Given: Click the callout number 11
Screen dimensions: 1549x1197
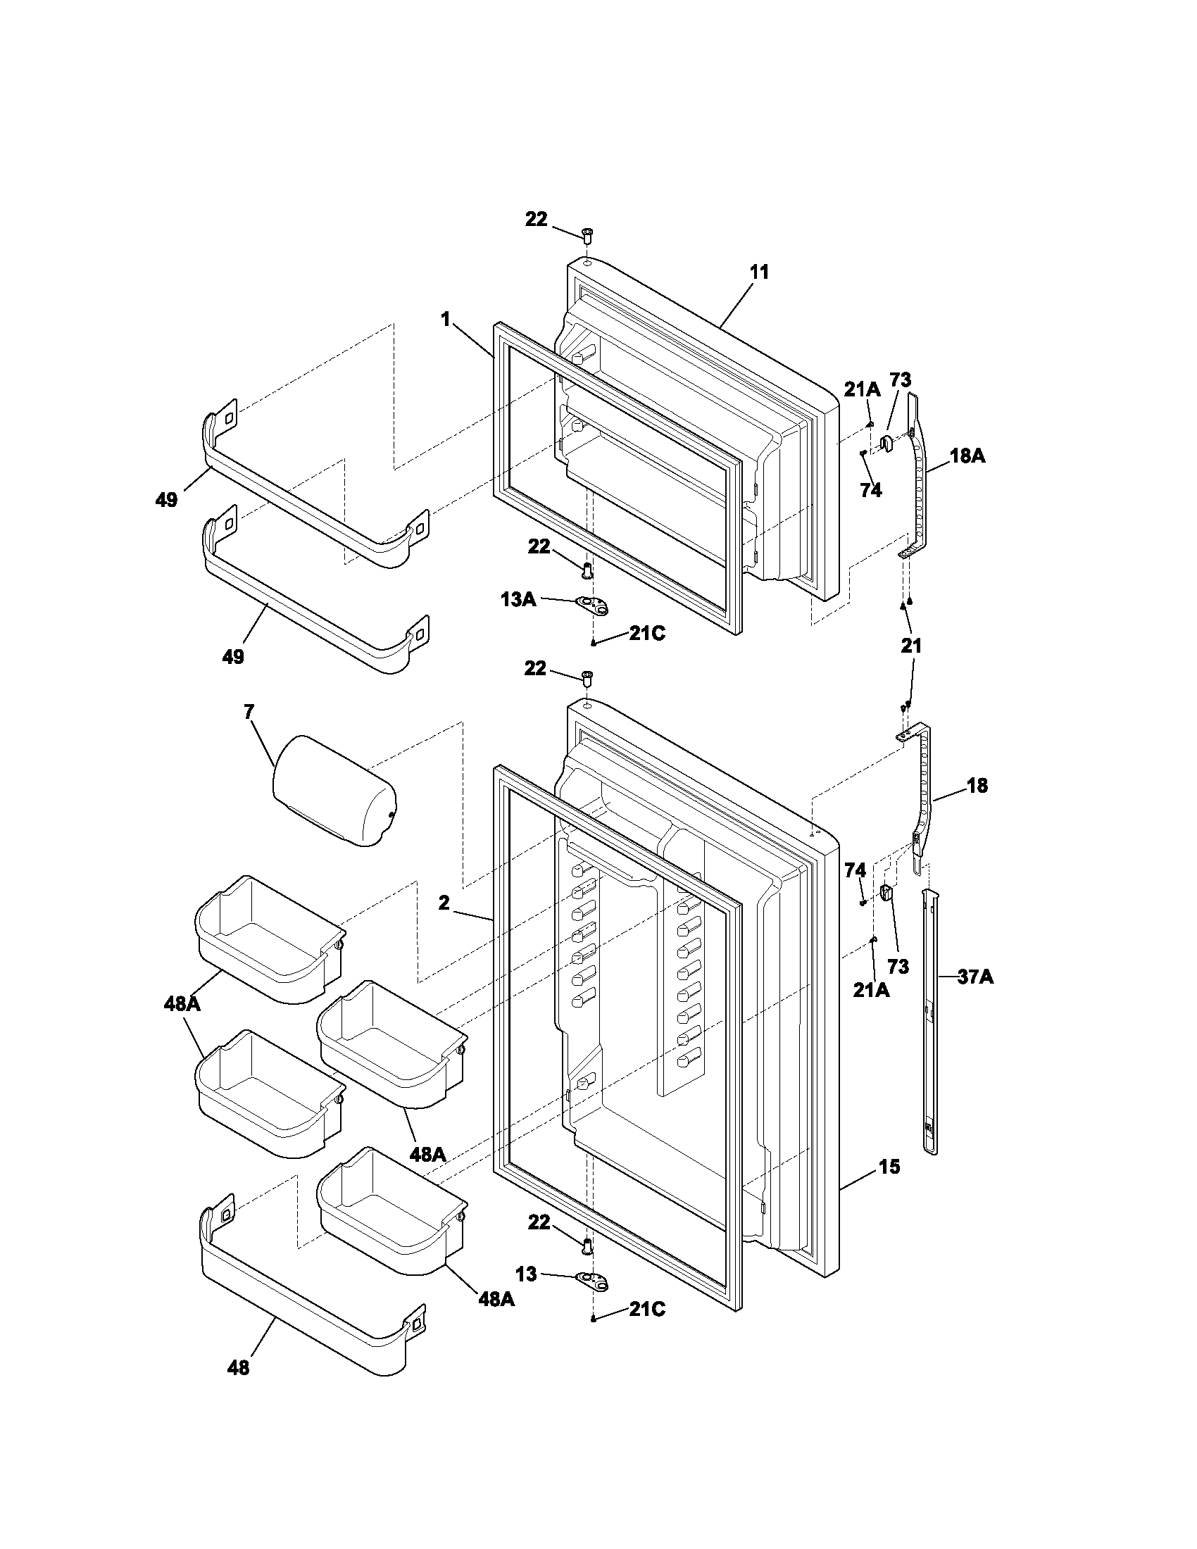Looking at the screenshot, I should point(759,272).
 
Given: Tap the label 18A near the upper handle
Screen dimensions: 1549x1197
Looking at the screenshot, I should point(967,456).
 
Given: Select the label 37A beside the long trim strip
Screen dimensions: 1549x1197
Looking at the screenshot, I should point(975,977).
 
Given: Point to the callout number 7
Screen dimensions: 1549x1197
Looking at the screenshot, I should point(249,712).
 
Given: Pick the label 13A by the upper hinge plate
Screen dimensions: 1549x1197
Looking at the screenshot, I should point(518,599).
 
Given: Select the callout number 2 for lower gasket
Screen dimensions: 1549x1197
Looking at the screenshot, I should point(444,903).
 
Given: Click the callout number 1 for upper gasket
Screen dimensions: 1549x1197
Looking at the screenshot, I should point(445,320).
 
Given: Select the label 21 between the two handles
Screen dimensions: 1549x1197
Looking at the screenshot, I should point(911,646).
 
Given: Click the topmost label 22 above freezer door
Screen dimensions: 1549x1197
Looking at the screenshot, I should point(536,220).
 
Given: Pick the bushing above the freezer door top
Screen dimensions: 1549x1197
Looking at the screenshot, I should point(587,234).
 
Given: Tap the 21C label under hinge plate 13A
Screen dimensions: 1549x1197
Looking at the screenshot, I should point(646,634).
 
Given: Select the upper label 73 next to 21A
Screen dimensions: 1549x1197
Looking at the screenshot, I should point(901,380).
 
